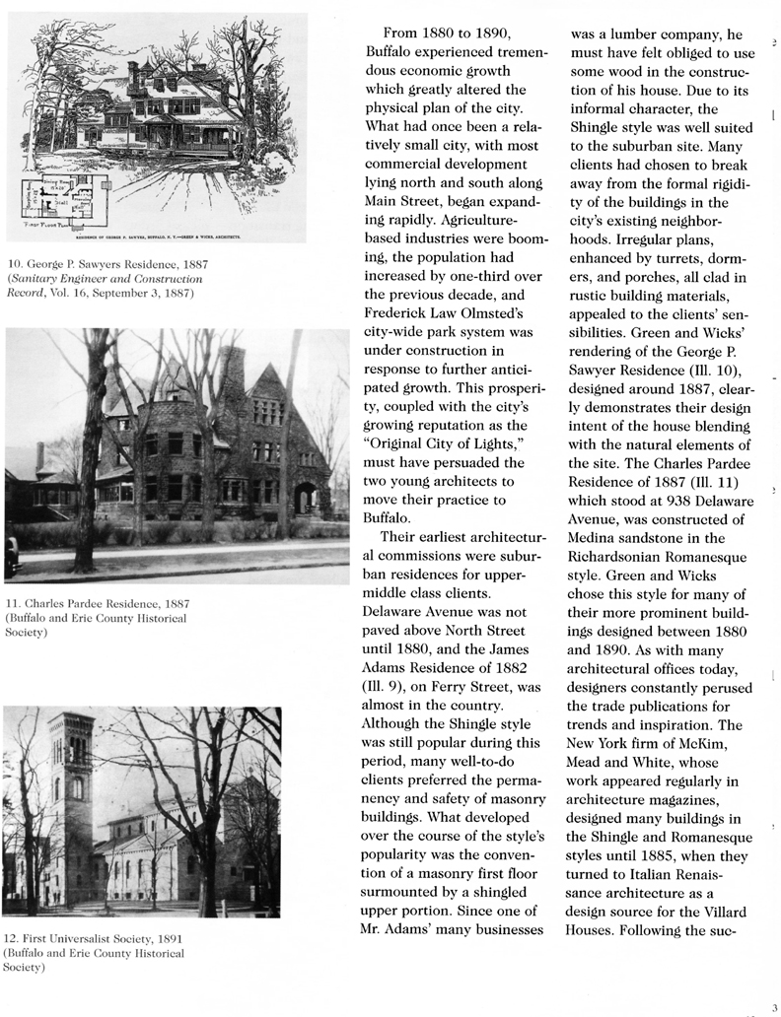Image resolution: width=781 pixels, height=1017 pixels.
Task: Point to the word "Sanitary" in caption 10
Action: pos(35,279)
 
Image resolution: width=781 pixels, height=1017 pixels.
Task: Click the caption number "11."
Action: pos(12,603)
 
